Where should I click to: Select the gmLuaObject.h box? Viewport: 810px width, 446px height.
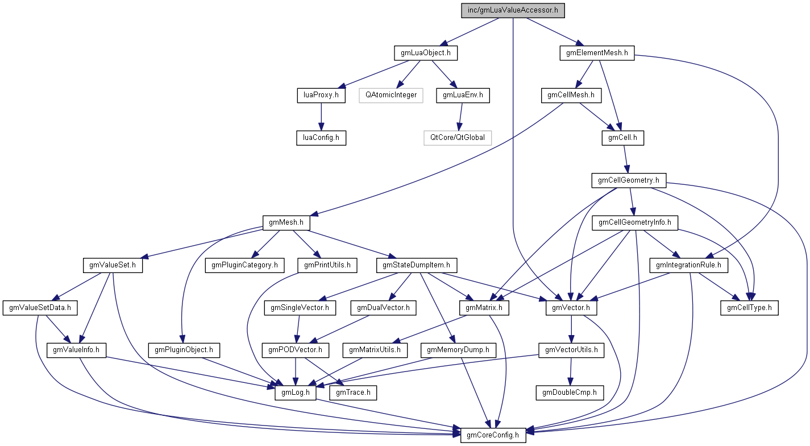pos(426,53)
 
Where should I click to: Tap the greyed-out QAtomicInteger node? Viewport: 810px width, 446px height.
pos(391,95)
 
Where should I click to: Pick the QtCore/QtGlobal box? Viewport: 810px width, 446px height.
pos(457,137)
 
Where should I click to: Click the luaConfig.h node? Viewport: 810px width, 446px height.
pos(321,137)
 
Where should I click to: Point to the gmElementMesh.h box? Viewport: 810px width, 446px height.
pos(597,53)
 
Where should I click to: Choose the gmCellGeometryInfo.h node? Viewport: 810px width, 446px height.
pos(635,222)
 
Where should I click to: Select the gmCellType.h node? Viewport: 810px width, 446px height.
pos(749,308)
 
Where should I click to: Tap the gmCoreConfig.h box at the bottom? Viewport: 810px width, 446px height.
pos(493,435)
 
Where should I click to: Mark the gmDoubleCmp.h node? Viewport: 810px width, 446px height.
pos(570,393)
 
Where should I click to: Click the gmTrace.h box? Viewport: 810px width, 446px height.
pos(353,393)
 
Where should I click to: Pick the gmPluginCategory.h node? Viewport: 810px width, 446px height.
pos(244,265)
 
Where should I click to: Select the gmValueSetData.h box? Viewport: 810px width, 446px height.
pos(40,308)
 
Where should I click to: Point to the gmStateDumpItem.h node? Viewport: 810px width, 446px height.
pos(416,265)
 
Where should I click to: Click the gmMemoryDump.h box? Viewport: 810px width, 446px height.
pos(459,350)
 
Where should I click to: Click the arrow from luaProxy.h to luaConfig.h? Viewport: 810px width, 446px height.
pos(321,116)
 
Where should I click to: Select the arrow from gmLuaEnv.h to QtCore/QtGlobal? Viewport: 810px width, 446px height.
pos(459,116)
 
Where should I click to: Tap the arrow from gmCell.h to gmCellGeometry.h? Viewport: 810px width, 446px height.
pos(625,159)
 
